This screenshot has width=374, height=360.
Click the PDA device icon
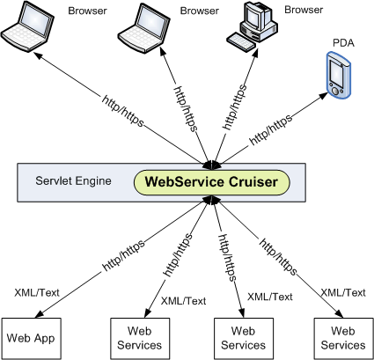(x=339, y=75)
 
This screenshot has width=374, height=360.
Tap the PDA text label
(x=343, y=43)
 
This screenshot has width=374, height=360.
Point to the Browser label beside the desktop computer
(x=304, y=10)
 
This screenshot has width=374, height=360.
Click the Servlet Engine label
(x=73, y=180)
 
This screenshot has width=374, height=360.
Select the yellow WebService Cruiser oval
(x=212, y=182)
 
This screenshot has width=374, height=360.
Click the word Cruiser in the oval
(x=253, y=181)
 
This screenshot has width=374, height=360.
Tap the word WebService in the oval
(x=185, y=181)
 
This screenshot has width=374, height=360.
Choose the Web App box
(x=31, y=339)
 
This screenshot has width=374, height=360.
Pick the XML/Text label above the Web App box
(x=37, y=292)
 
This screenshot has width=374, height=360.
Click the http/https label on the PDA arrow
(x=271, y=129)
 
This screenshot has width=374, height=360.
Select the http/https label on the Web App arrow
(x=123, y=255)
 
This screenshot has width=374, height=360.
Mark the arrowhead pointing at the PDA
(x=323, y=96)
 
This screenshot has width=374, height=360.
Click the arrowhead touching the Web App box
(x=40, y=314)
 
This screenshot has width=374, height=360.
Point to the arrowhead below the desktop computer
(x=255, y=55)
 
